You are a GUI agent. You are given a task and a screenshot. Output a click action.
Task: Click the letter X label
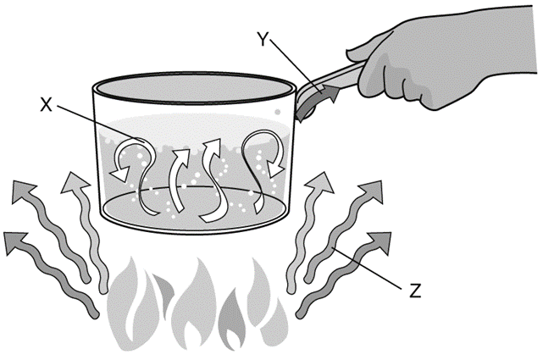47,104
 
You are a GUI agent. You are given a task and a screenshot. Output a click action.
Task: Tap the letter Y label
263,39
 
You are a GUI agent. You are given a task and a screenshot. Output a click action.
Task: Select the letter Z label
415,291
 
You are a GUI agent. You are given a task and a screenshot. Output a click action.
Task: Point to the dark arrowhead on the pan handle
331,93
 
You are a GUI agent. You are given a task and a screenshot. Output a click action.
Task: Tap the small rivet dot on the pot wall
277,112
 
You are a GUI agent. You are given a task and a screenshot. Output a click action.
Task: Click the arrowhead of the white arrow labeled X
119,172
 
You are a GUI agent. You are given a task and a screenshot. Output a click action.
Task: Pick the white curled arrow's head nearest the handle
276,169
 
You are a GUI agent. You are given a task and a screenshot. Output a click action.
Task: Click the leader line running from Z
367,267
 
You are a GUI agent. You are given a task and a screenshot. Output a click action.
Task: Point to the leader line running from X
100,123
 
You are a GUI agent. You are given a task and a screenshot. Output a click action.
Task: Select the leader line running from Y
296,65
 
